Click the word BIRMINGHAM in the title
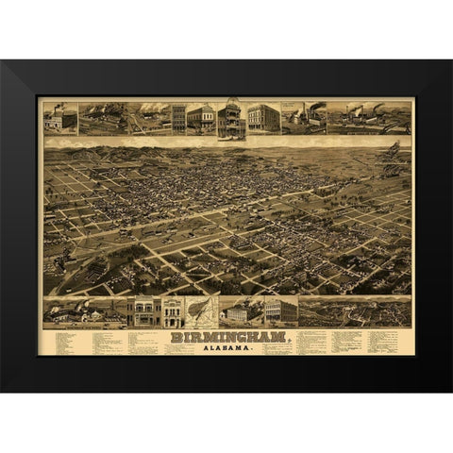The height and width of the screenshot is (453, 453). [x=226, y=337]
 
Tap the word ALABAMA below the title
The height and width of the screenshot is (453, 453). [x=226, y=347]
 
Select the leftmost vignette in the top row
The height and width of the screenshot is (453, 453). [x=59, y=118]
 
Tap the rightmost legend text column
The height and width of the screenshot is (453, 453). [x=389, y=341]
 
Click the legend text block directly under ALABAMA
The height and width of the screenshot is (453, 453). [x=226, y=354]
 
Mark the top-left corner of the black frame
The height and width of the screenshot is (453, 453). [x=2, y=61]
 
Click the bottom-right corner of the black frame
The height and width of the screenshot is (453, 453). [x=450, y=391]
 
